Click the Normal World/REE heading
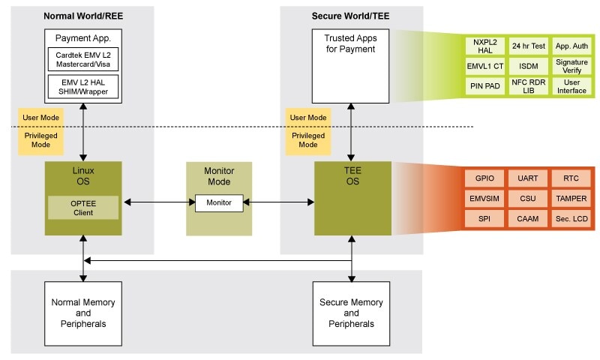pyautogui.click(x=82, y=16)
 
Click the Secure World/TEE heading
pyautogui.click(x=350, y=16)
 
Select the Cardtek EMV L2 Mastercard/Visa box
pyautogui.click(x=82, y=59)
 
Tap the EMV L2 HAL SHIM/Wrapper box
pyautogui.click(x=82, y=86)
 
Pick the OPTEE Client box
pyautogui.click(x=82, y=207)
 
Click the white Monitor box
pyautogui.click(x=219, y=202)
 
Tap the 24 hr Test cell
pyautogui.click(x=528, y=46)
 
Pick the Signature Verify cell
pyautogui.click(x=571, y=66)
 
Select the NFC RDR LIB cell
pyautogui.click(x=528, y=85)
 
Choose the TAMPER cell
pyautogui.click(x=571, y=199)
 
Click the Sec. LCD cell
pyautogui.click(x=571, y=218)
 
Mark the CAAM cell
pyautogui.click(x=528, y=218)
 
